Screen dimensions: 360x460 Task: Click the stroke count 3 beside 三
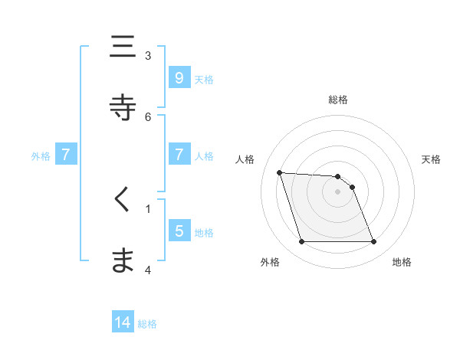tap(148, 55)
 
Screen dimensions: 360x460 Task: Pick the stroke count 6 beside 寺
tap(148, 116)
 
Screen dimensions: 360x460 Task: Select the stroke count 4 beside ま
tap(148, 270)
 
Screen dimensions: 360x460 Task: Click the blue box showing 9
tap(179, 77)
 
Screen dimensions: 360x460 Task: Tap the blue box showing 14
tap(123, 322)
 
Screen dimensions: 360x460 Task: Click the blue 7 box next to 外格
tap(66, 155)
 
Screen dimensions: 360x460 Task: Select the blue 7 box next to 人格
tap(179, 155)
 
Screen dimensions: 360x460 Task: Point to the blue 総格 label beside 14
tap(147, 324)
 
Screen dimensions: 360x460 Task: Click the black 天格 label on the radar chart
tap(431, 159)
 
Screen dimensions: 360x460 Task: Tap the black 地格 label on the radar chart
tap(402, 262)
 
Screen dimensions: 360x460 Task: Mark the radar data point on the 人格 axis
tap(279, 172)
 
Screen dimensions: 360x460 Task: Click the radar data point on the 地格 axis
tap(373, 242)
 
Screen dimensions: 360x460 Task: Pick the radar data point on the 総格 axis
tap(337, 177)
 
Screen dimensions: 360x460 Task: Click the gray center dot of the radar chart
tap(337, 191)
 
